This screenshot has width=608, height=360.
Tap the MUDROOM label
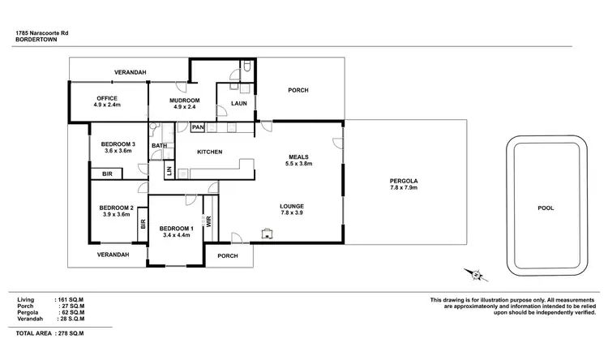tap(184, 101)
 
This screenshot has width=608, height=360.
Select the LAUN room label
tap(239, 104)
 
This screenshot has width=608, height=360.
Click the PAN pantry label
tap(198, 127)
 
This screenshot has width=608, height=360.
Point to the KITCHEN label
tap(211, 152)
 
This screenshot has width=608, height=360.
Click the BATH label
tap(159, 146)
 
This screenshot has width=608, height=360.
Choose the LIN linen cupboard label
tap(169, 170)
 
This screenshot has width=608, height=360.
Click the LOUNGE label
tap(292, 207)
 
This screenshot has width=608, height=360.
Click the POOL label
tap(546, 208)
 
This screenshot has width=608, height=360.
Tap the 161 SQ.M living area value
tap(71, 300)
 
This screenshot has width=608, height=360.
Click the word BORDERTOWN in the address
tap(35, 39)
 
